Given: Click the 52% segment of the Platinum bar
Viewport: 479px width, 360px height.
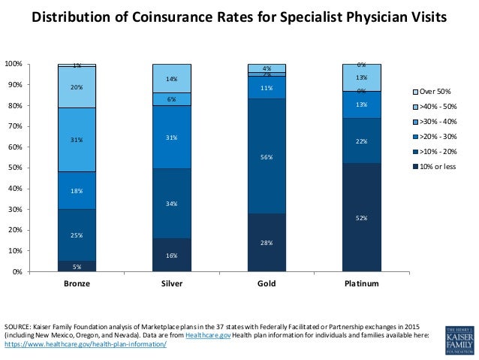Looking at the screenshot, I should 362,217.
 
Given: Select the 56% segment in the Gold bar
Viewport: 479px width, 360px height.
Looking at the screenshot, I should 267,156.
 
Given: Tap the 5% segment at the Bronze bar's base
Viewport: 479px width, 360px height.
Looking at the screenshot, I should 77,266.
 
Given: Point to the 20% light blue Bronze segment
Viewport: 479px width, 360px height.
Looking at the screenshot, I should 77,87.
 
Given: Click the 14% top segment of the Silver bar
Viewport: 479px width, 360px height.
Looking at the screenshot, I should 172,78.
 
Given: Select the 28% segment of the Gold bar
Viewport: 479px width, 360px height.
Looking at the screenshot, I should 267,243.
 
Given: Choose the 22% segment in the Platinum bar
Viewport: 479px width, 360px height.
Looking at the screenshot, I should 362,141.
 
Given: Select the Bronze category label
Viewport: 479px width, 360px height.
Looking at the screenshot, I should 77,284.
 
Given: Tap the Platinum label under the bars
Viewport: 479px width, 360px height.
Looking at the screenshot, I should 362,284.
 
